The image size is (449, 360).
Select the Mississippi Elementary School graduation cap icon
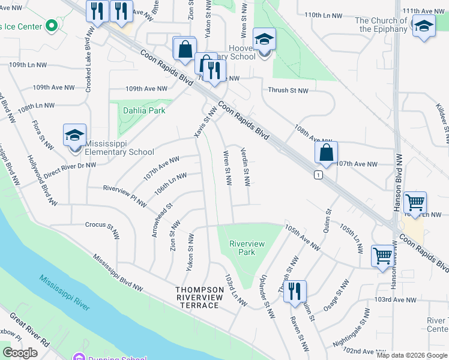(x=74, y=135)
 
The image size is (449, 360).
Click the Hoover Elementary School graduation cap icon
(x=264, y=40)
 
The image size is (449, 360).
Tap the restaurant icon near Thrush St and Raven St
(x=295, y=292)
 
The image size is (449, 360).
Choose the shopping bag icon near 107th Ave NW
(x=326, y=154)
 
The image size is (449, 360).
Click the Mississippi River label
(x=64, y=292)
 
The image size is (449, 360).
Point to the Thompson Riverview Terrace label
(x=197, y=298)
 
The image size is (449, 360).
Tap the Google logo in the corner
(x=20, y=353)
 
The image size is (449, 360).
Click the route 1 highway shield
(x=318, y=175)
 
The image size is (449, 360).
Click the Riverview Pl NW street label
(x=124, y=196)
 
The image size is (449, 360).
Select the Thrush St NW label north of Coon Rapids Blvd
(x=288, y=91)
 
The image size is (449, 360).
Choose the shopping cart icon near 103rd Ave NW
(x=382, y=256)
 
